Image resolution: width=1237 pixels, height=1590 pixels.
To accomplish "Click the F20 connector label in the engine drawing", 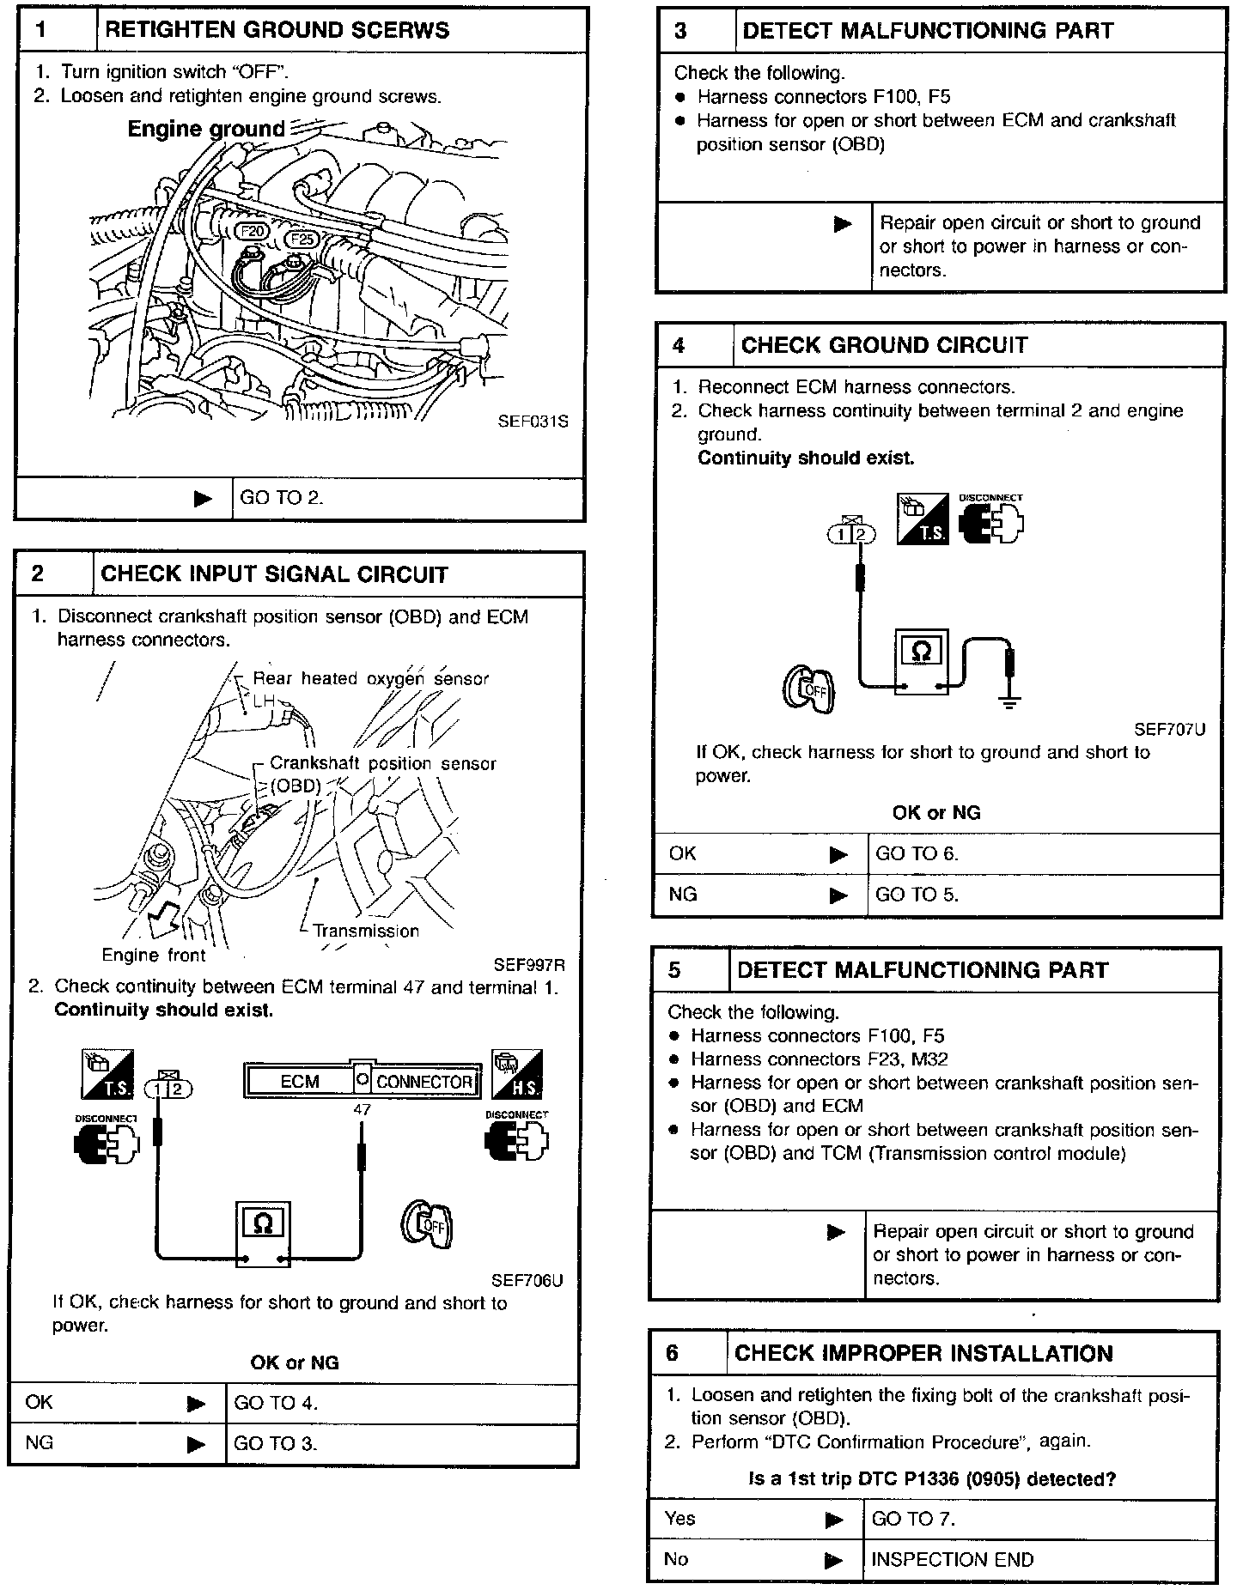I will pos(253,231).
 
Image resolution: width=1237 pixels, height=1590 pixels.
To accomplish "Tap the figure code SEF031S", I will pos(533,422).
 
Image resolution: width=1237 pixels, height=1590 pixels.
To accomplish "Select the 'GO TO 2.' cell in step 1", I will pos(282,498).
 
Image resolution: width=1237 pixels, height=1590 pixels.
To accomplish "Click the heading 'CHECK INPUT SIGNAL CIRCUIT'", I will pos(274,574).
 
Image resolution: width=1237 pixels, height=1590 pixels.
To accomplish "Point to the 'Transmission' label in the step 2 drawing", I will pos(366,931).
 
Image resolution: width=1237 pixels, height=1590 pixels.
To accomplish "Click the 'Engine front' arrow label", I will pos(154,955).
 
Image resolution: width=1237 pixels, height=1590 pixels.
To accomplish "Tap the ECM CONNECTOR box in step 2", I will pos(362,1081).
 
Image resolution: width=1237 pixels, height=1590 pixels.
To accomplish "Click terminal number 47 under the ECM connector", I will pos(362,1109).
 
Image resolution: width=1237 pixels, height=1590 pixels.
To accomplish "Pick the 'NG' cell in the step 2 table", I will pos(40,1442).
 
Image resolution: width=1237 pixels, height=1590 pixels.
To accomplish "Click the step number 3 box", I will pos(680,31).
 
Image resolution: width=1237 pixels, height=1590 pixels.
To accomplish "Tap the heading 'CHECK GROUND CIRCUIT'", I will pos(884,345).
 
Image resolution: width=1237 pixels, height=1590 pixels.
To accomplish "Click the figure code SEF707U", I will pos(1169,730).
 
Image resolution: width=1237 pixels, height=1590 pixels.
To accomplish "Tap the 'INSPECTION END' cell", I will pos(952,1559).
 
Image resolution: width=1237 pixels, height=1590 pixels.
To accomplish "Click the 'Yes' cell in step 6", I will pos(679,1518).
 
